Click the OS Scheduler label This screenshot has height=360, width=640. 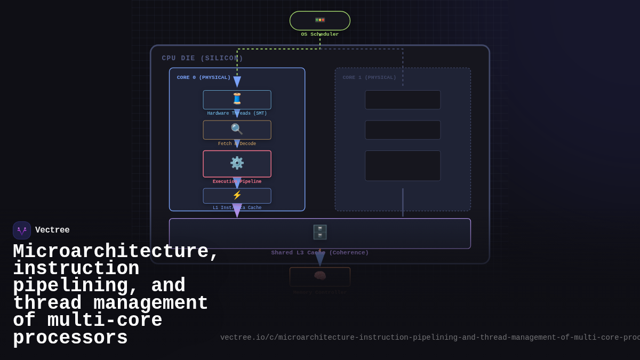pyautogui.click(x=319, y=35)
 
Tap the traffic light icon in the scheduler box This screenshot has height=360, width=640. pyautogui.click(x=320, y=20)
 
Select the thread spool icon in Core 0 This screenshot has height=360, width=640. pyautogui.click(x=237, y=99)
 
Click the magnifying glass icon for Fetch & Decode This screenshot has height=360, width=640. pyautogui.click(x=237, y=129)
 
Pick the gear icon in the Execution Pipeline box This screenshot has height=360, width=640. pyautogui.click(x=237, y=163)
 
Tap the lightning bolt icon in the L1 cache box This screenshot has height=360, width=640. pyautogui.click(x=237, y=195)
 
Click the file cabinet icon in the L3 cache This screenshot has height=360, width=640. pyautogui.click(x=320, y=232)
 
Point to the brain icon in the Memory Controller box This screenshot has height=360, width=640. pyautogui.click(x=320, y=276)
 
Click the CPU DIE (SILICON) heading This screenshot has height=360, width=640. pyautogui.click(x=203, y=59)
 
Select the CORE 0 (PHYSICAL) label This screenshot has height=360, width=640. pyautogui.click(x=204, y=77)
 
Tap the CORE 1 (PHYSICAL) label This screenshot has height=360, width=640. pyautogui.click(x=370, y=77)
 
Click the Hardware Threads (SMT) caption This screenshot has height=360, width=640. pyautogui.click(x=237, y=114)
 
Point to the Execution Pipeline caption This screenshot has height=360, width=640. pyautogui.click(x=237, y=182)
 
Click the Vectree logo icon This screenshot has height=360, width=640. pyautogui.click(x=22, y=230)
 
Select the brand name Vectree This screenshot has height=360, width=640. pyautogui.click(x=52, y=230)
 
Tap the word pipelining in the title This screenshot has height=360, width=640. pyautogui.click(x=70, y=286)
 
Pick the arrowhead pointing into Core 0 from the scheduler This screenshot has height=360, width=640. pyautogui.click(x=237, y=82)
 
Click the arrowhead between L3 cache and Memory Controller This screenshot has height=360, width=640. pyautogui.click(x=320, y=259)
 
